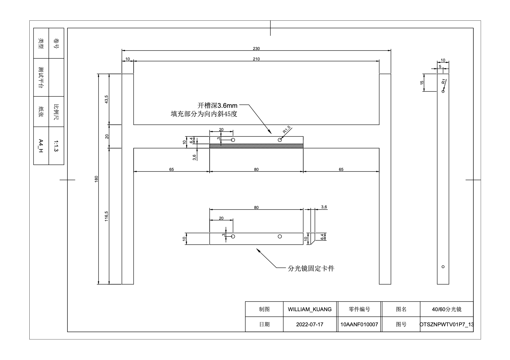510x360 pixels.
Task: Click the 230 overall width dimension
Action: (x=256, y=49)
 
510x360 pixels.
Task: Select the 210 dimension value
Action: (x=256, y=59)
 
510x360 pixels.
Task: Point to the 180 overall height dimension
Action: (x=97, y=179)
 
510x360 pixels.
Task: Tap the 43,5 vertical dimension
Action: (x=107, y=99)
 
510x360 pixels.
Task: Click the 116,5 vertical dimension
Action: (x=107, y=216)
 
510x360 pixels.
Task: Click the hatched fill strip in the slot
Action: (x=256, y=146)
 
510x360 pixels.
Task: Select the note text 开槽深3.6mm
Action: (x=217, y=105)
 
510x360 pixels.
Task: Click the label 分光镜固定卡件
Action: (x=311, y=268)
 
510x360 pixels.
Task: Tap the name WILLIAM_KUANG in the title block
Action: (x=310, y=309)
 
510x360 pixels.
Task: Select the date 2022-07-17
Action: (x=310, y=325)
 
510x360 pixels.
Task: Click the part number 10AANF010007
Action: (x=359, y=325)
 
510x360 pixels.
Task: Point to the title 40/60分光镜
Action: (x=447, y=309)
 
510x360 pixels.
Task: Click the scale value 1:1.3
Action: (x=56, y=146)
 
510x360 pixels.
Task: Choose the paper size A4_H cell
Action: (x=41, y=146)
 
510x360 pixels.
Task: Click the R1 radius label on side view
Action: (x=443, y=82)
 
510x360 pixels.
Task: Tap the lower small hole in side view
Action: (x=443, y=267)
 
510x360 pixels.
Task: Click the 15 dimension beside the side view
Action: (x=422, y=83)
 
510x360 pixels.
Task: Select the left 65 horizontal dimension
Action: (x=172, y=169)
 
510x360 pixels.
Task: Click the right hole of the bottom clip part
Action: (x=280, y=237)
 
